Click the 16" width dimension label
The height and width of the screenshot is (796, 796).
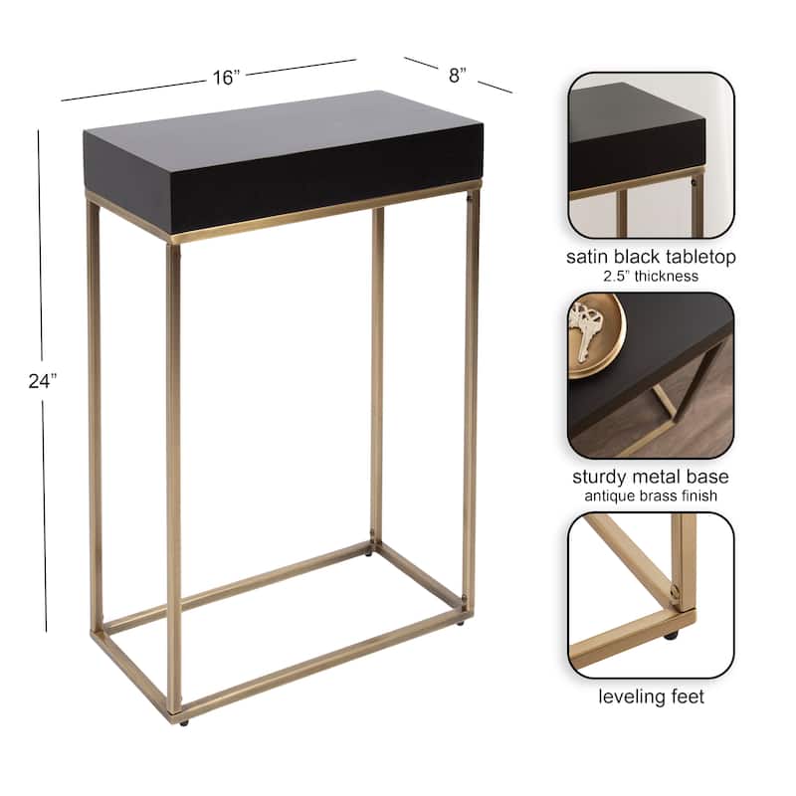(x=227, y=78)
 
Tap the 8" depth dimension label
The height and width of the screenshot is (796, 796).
(x=458, y=74)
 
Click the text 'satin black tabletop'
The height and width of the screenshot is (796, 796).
(x=651, y=257)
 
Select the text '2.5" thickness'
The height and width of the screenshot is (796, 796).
(x=651, y=277)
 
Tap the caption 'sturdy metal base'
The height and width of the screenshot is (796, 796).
(x=651, y=477)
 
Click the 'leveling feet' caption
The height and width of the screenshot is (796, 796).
(x=651, y=696)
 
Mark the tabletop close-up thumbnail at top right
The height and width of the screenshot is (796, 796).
(x=651, y=154)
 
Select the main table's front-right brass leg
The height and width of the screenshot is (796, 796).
(x=471, y=398)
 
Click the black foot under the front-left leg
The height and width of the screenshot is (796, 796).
(x=181, y=719)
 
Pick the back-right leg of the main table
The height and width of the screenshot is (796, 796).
(x=377, y=378)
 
